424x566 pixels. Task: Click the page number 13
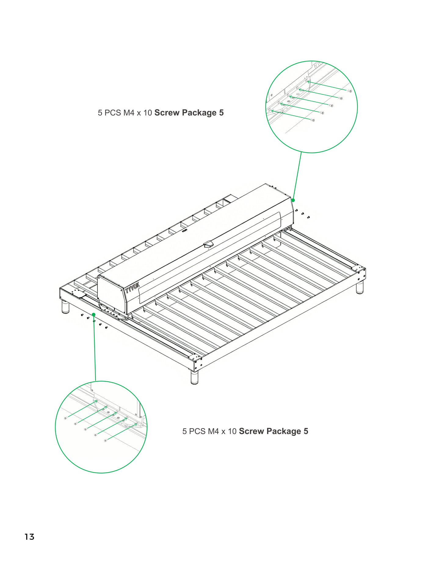point(29,537)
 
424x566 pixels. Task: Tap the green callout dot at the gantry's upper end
point(293,200)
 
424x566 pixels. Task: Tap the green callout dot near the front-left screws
point(94,314)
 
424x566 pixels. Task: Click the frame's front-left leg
point(66,307)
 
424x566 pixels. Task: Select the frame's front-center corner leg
point(194,377)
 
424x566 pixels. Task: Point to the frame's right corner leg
point(360,288)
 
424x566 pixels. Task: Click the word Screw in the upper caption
point(167,113)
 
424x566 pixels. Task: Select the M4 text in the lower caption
point(213,431)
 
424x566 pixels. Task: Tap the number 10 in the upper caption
point(148,113)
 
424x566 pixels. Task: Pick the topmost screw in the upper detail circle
point(350,91)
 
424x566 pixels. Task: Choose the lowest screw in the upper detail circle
point(313,120)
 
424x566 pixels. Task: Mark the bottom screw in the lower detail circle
point(105,440)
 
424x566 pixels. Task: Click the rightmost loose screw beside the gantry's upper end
point(308,217)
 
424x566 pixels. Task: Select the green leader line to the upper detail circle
point(297,176)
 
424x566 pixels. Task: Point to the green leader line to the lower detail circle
point(95,348)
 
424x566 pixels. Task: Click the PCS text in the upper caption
point(113,113)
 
